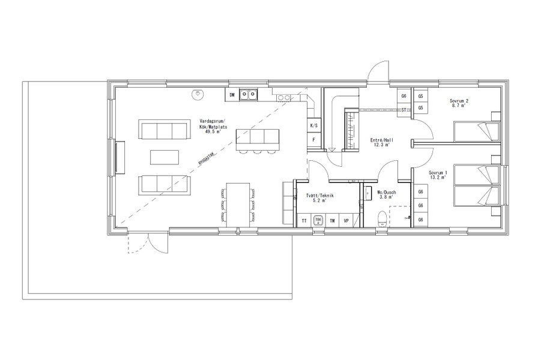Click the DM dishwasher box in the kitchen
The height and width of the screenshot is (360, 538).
coord(231,94)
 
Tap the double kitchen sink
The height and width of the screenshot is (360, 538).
coord(249,94)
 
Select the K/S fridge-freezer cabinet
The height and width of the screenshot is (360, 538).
coord(313,126)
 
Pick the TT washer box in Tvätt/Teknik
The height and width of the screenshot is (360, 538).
coord(304,221)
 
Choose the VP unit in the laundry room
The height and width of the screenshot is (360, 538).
coord(346,221)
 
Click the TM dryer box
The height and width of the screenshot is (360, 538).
coord(332,221)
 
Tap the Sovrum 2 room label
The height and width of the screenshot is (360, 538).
coord(460,101)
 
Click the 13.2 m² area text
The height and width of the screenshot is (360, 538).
coord(437,178)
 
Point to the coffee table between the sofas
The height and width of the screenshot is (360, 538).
coord(164,156)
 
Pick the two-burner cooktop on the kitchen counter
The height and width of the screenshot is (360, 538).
coord(284,97)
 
